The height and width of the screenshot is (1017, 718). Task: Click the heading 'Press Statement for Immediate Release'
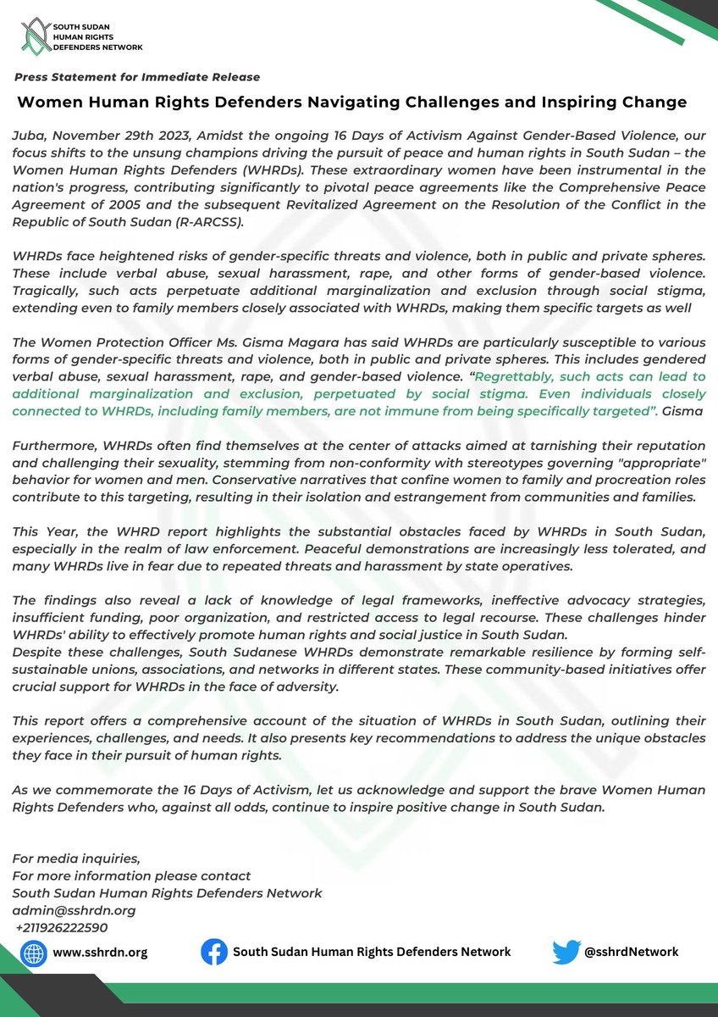tap(137, 77)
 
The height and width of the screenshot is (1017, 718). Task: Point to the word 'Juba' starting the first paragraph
tap(26, 134)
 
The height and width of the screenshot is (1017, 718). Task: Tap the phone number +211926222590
tap(62, 926)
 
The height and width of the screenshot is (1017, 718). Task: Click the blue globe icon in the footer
tap(34, 952)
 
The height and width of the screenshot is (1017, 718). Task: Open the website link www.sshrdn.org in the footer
tap(100, 952)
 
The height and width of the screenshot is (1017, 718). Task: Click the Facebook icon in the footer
tap(214, 952)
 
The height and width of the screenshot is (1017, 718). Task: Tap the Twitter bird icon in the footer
tap(566, 952)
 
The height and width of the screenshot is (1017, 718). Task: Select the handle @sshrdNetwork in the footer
tap(631, 952)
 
